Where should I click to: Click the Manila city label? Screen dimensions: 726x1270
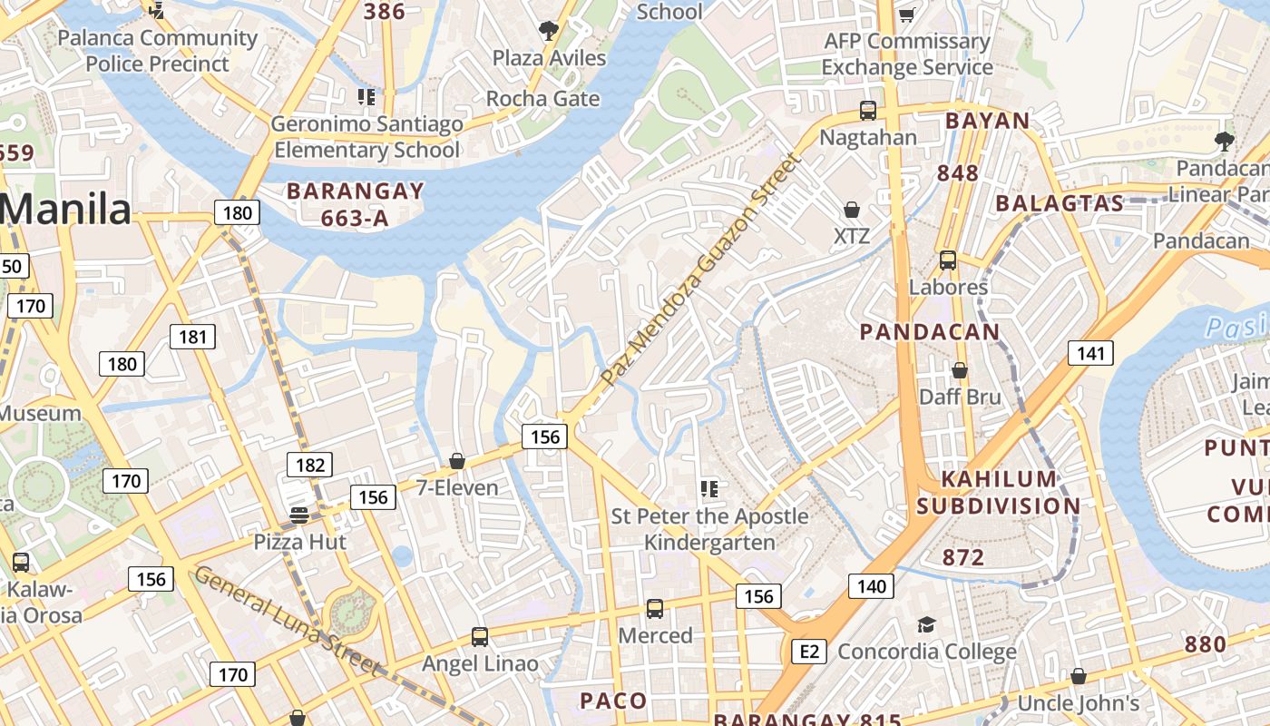tap(65, 210)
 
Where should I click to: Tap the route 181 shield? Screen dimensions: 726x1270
tap(193, 338)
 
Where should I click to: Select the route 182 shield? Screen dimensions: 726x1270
tap(309, 465)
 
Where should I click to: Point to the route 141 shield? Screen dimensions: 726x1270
tap(1089, 353)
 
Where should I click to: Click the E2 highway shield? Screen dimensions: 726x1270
tap(809, 651)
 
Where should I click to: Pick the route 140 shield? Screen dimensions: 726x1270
tap(871, 586)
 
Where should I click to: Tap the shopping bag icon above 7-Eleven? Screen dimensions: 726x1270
tap(457, 461)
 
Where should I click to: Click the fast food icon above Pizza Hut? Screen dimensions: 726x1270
tap(299, 515)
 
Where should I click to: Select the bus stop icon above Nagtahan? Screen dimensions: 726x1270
tap(868, 111)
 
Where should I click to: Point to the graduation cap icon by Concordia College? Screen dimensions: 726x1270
tap(926, 624)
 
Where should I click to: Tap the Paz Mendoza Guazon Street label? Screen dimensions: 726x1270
tap(701, 270)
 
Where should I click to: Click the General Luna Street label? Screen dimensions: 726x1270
tap(287, 622)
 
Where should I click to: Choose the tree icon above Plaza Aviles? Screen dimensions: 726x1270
tap(548, 31)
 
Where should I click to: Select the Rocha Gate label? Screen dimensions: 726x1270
tap(542, 99)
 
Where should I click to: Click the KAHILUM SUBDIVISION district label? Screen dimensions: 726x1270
tap(998, 493)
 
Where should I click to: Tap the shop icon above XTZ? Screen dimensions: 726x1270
tap(852, 211)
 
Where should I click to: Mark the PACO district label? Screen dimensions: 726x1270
tap(613, 701)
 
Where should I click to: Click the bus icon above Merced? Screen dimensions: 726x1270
tap(655, 609)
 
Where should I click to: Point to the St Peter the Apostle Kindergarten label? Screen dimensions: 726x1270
tap(708, 529)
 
